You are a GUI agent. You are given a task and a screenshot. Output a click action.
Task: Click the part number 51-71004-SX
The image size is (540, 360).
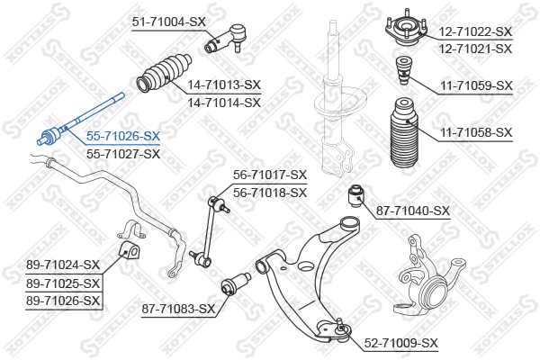point(169,22)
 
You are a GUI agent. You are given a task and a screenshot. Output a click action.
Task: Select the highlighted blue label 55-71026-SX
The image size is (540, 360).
point(123,137)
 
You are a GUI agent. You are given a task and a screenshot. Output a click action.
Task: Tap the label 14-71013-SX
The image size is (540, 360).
point(224,85)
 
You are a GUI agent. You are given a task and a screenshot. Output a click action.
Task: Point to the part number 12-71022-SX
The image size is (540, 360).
point(475,31)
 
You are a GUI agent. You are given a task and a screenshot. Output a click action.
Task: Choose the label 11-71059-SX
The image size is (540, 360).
point(477,85)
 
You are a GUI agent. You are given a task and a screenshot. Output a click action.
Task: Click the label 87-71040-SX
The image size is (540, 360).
point(413,211)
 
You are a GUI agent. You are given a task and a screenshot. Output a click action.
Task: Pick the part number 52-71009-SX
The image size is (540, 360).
point(401,343)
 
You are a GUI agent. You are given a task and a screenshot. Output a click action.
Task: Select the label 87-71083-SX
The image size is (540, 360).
point(178,309)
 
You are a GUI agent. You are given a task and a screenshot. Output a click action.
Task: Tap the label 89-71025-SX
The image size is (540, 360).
point(63,283)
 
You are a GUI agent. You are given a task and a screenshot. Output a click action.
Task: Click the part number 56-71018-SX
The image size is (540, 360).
point(270,193)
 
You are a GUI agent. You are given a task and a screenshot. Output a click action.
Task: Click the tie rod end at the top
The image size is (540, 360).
point(226,39)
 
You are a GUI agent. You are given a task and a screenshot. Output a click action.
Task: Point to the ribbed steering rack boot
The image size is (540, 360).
point(164,73)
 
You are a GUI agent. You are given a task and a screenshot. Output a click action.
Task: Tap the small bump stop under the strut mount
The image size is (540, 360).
point(402,70)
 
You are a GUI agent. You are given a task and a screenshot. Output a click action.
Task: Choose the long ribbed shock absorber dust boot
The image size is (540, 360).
point(404,133)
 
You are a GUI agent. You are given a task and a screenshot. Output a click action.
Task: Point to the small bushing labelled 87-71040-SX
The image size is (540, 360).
point(356,195)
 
